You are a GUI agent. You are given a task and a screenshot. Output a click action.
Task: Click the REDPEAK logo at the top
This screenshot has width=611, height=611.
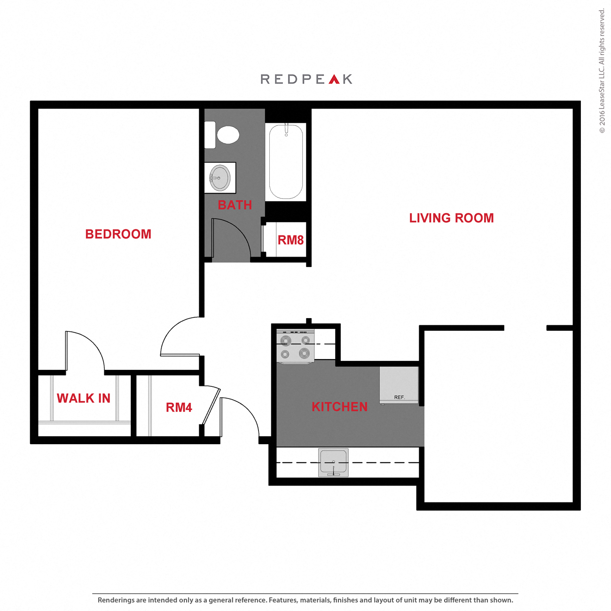[306, 79]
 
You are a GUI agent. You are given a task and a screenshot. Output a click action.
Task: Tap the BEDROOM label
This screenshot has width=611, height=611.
[118, 234]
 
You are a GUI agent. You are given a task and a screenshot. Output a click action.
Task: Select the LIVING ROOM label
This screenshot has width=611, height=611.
[451, 218]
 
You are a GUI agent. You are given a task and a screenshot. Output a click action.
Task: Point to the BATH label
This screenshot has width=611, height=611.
[235, 205]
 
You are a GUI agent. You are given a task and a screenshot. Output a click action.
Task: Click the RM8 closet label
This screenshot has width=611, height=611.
[290, 240]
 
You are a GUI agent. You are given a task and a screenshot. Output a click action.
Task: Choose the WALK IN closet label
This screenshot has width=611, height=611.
[84, 399]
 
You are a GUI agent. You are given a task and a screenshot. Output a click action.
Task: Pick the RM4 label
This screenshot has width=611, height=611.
[179, 407]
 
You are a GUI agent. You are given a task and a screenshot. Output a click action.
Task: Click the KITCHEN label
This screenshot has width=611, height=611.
[339, 407]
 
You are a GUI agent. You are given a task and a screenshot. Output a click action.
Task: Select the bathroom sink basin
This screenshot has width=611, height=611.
[220, 178]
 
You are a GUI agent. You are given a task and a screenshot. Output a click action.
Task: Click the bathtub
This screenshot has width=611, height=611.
[286, 161]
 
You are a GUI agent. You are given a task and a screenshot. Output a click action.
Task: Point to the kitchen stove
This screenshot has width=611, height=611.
[295, 347]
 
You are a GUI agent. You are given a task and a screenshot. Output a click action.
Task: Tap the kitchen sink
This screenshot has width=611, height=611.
[333, 462]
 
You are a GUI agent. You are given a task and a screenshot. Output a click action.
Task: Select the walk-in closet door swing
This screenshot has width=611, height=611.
[87, 348]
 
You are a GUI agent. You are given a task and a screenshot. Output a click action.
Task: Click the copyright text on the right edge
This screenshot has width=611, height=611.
[602, 70]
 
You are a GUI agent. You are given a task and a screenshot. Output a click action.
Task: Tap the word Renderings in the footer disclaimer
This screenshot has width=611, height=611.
[116, 600]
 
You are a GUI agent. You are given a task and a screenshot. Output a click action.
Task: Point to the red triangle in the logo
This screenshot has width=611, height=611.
[334, 79]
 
